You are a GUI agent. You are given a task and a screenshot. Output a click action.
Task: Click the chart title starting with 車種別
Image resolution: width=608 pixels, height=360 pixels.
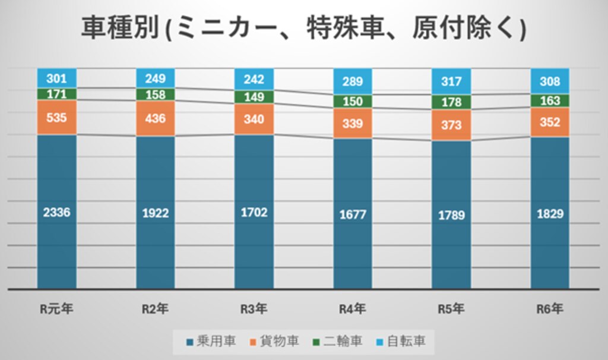pyautogui.click(x=303, y=28)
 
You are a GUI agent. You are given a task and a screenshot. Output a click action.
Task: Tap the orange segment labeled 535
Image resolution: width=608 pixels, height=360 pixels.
pyautogui.click(x=57, y=117)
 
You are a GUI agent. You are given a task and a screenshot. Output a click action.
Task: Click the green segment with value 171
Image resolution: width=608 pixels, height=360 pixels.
pyautogui.click(x=57, y=94)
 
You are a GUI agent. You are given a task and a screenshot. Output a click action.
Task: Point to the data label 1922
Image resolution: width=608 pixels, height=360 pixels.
pyautogui.click(x=156, y=213)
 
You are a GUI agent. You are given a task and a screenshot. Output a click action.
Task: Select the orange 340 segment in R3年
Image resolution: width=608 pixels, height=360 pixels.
pyautogui.click(x=254, y=119)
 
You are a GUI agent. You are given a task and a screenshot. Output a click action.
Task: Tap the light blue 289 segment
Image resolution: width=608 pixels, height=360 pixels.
pyautogui.click(x=353, y=81)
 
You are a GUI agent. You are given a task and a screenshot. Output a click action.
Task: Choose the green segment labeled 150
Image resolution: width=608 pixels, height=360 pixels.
pyautogui.click(x=353, y=102)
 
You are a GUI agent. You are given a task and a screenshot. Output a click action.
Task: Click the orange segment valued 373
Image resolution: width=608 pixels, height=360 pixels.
pyautogui.click(x=451, y=125)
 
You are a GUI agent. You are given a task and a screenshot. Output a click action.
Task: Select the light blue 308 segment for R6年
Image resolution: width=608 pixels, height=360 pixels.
pyautogui.click(x=550, y=81)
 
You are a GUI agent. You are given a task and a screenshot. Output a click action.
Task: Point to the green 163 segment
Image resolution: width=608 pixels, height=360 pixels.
pyautogui.click(x=550, y=101)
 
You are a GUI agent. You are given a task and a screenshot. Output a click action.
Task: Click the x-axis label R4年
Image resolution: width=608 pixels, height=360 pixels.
pyautogui.click(x=353, y=309)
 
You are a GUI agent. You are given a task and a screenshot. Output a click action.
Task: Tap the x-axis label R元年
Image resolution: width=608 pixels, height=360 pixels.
pyautogui.click(x=56, y=309)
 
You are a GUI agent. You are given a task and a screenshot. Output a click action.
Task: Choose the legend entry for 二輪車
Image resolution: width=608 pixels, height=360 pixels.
pyautogui.click(x=338, y=342)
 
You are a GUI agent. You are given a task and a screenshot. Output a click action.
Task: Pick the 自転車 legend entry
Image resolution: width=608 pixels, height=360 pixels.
pyautogui.click(x=401, y=342)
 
